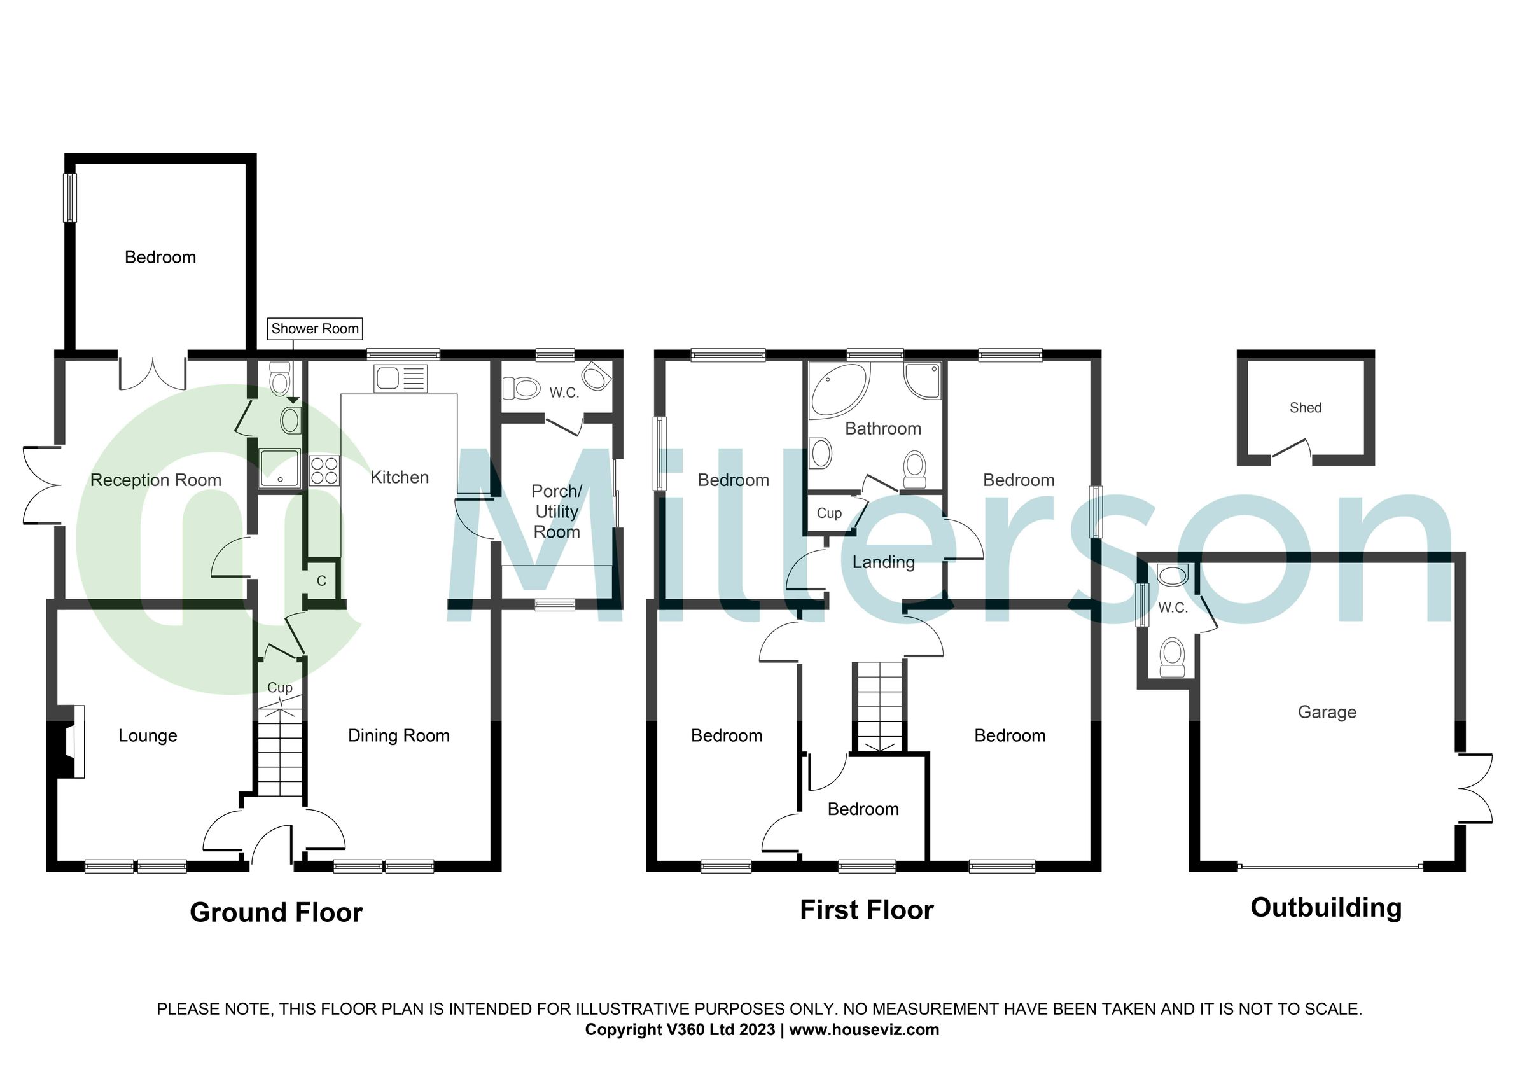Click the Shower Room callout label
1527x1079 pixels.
click(x=315, y=328)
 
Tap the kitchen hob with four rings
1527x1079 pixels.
click(x=324, y=470)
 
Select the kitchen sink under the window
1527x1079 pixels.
click(x=400, y=379)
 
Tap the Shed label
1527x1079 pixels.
click(x=1305, y=408)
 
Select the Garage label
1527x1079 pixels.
click(x=1327, y=712)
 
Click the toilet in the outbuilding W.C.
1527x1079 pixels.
click(x=1172, y=657)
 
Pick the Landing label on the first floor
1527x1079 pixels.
click(x=883, y=562)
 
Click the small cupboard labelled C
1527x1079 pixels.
click(x=322, y=581)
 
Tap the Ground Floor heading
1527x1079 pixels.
click(x=276, y=912)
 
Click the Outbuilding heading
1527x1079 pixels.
click(x=1325, y=908)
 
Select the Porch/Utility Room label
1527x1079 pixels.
click(x=557, y=512)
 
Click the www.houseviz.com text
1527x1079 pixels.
click(x=864, y=1030)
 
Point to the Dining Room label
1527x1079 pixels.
click(x=399, y=735)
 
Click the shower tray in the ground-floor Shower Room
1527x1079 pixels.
click(x=279, y=469)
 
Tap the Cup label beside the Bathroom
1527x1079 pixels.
click(x=828, y=513)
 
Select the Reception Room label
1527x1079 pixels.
click(x=156, y=480)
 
